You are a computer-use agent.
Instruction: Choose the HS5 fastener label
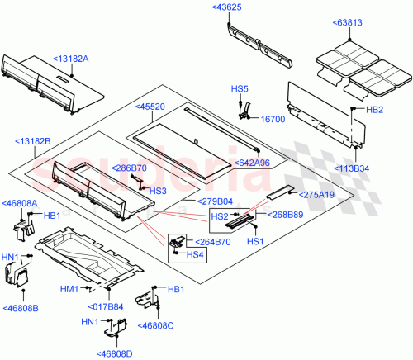(239, 88)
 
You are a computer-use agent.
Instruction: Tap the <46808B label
(20, 308)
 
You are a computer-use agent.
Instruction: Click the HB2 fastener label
(374, 109)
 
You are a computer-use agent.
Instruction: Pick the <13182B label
(32, 142)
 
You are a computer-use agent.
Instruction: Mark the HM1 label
(69, 289)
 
